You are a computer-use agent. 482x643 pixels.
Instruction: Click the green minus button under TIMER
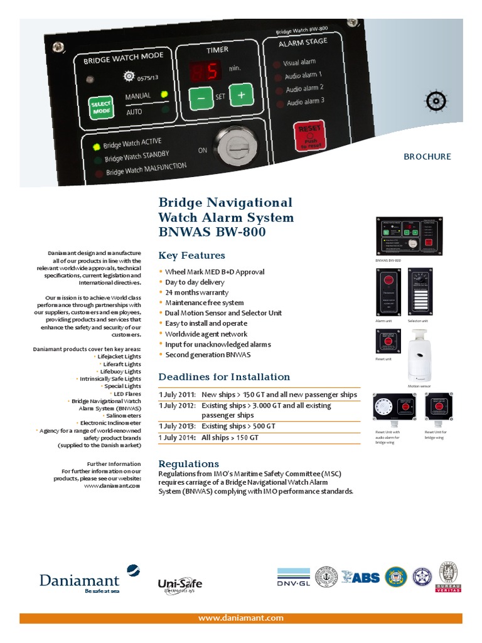(x=200, y=99)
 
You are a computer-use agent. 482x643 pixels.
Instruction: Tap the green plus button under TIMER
(x=240, y=95)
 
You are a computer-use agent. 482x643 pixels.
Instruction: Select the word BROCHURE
(x=427, y=156)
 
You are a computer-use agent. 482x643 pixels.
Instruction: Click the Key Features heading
(x=191, y=256)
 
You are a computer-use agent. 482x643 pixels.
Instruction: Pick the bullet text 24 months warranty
(x=196, y=293)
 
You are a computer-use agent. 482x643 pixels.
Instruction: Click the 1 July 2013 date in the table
(x=176, y=426)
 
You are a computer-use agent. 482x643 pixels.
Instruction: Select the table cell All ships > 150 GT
(x=230, y=437)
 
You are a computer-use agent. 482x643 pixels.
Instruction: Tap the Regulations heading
(x=188, y=463)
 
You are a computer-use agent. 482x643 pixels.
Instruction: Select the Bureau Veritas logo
(x=449, y=576)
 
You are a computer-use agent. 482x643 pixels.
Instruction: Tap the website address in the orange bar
(x=241, y=619)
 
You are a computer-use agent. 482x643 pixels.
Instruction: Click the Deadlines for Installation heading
(x=224, y=377)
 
